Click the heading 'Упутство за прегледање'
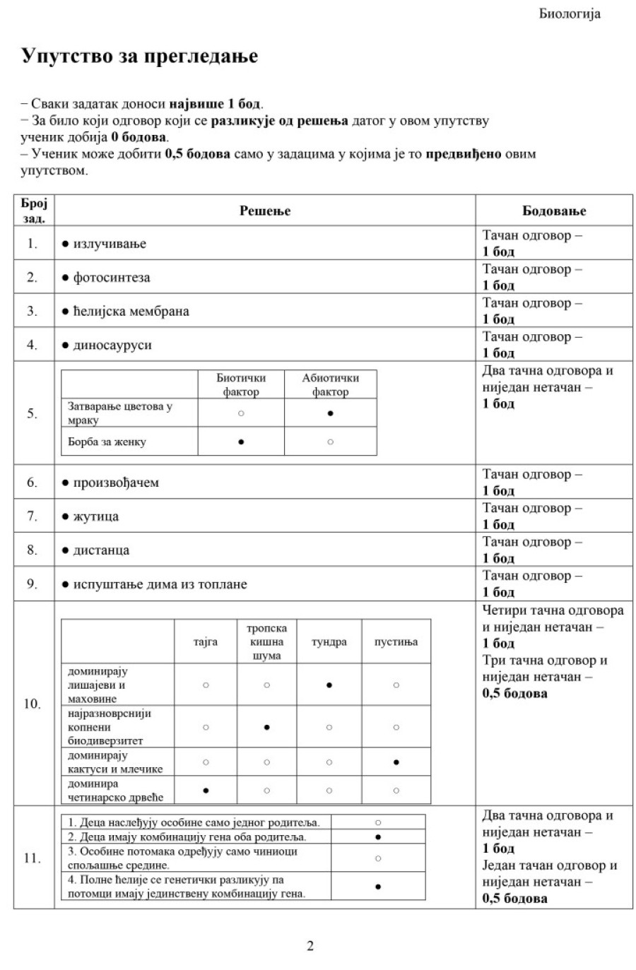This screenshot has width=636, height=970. [x=139, y=57]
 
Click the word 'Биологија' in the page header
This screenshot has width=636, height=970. [x=569, y=14]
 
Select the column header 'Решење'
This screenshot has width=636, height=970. [x=265, y=211]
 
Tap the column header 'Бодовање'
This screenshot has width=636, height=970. [x=554, y=211]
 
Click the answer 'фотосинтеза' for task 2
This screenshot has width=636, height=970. [x=111, y=278]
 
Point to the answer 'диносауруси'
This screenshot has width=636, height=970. [x=112, y=345]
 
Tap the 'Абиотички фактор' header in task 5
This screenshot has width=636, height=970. [x=330, y=385]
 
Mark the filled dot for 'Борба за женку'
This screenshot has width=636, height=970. [x=241, y=442]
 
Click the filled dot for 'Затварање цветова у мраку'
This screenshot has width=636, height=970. [x=330, y=413]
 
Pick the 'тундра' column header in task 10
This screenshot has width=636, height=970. [x=329, y=642]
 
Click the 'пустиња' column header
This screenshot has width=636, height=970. [x=396, y=642]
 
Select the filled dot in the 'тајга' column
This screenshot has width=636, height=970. [x=206, y=791]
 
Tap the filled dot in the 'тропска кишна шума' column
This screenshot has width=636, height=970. [x=266, y=727]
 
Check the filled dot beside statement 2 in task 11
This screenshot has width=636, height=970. [x=378, y=837]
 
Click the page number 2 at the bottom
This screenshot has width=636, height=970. [x=310, y=946]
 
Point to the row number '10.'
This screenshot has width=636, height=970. [x=33, y=704]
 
